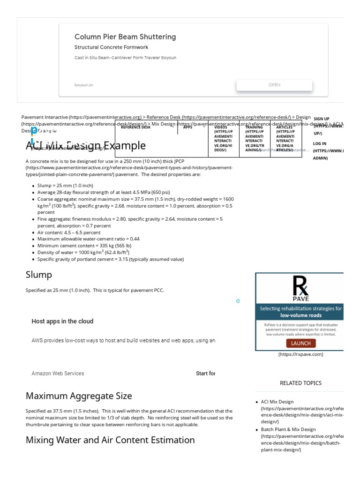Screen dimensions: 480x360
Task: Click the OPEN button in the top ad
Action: click(x=274, y=85)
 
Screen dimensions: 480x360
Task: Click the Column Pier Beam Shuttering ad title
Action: click(x=125, y=37)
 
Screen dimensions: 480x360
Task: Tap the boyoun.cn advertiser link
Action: click(x=84, y=85)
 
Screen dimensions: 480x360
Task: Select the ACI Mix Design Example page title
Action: click(x=86, y=145)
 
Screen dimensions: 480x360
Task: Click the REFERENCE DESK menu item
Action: click(x=135, y=127)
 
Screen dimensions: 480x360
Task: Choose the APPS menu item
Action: click(x=187, y=127)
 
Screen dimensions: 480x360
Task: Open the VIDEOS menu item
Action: click(x=223, y=138)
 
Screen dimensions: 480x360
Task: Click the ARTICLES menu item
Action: click(x=285, y=138)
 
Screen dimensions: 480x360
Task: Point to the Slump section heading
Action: click(x=39, y=275)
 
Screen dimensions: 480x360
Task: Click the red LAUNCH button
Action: click(x=300, y=343)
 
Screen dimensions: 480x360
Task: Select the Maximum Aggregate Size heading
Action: click(x=79, y=396)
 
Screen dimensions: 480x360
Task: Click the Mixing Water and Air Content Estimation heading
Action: click(x=110, y=440)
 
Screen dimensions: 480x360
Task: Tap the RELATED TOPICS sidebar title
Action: click(x=300, y=383)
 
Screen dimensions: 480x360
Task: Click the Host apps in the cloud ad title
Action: click(x=62, y=321)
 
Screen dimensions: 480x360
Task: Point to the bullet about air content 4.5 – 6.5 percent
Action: click(x=69, y=232)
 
